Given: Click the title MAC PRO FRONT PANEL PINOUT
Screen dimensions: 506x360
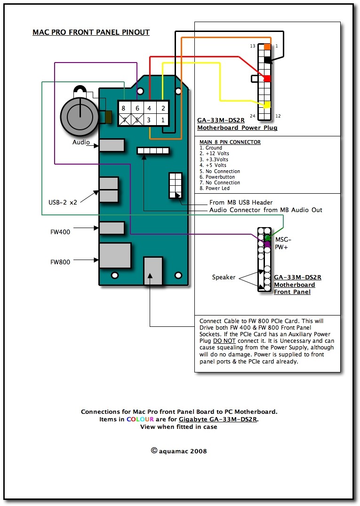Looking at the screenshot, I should point(91,32).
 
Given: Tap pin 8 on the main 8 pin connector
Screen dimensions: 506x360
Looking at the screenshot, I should point(124,109).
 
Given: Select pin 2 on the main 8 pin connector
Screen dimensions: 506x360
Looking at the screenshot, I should point(163,109).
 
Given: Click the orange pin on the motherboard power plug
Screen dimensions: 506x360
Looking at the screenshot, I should point(267,47).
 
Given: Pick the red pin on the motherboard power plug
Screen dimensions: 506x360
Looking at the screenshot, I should point(267,79).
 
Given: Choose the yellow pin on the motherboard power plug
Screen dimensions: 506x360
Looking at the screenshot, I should point(267,104).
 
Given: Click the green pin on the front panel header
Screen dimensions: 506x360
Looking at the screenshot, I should point(267,238).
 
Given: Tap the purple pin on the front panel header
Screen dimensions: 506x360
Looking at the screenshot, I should point(267,245).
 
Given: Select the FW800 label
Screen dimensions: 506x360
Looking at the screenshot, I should point(60,262).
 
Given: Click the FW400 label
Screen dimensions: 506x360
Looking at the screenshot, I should point(60,232).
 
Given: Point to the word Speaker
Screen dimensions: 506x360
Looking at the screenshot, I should point(224,277).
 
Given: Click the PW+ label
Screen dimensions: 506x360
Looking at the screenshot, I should point(281,247).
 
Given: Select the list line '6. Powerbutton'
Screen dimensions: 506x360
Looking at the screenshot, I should point(220,177).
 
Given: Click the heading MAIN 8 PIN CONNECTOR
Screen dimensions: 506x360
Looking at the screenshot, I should point(230,142).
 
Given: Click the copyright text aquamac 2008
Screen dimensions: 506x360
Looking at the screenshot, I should point(179,451).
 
